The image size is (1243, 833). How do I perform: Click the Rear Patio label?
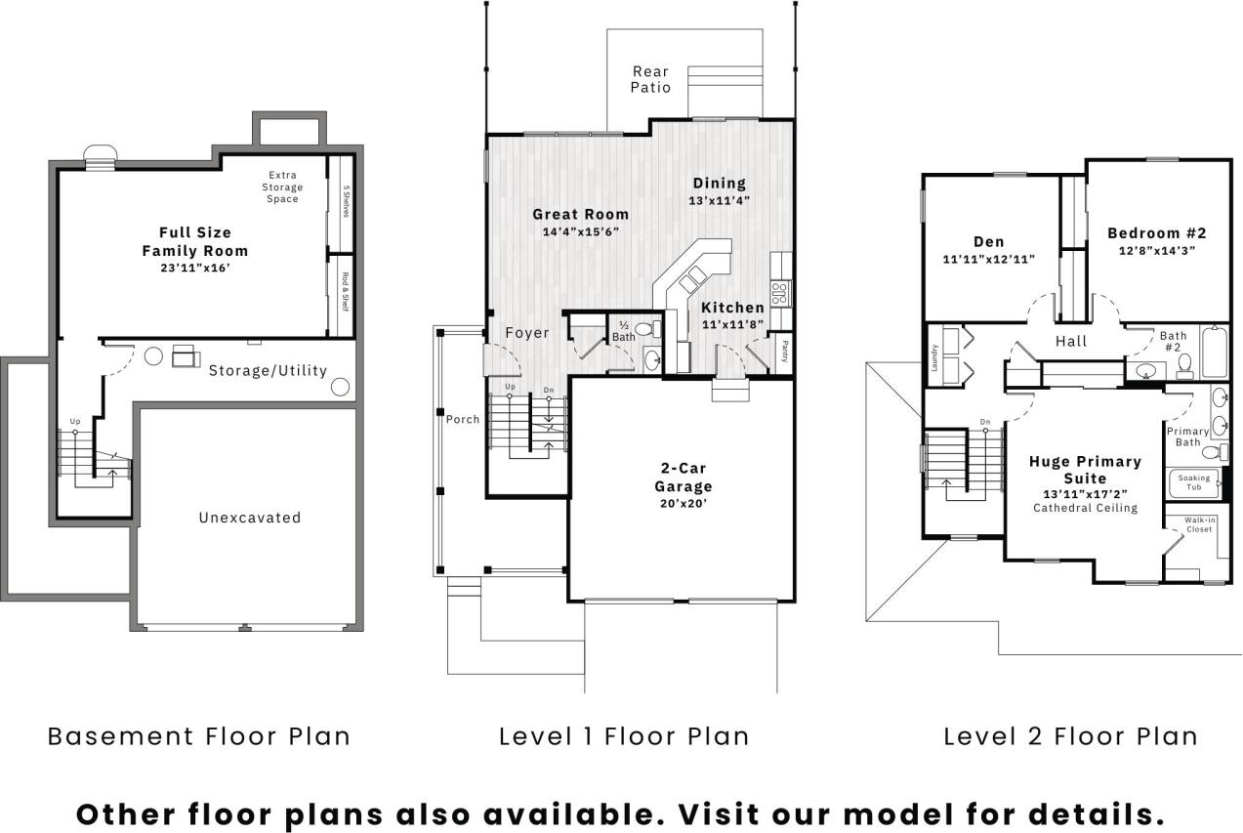click(x=650, y=79)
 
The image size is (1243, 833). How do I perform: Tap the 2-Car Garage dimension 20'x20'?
click(x=683, y=504)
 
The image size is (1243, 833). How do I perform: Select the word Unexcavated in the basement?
click(x=250, y=518)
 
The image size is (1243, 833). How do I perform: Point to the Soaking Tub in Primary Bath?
click(x=1193, y=482)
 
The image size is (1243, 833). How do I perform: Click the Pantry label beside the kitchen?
click(x=783, y=351)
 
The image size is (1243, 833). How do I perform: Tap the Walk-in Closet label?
click(x=1199, y=524)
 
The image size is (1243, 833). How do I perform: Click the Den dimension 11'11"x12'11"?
click(x=988, y=259)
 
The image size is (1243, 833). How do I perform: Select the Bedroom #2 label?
click(x=1156, y=233)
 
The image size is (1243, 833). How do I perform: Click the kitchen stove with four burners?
click(x=780, y=291)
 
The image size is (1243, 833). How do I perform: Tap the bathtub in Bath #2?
click(x=1214, y=353)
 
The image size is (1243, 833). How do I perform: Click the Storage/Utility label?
click(x=268, y=371)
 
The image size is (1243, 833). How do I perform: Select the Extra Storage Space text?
click(x=282, y=187)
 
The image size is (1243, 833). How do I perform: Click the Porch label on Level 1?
click(x=463, y=419)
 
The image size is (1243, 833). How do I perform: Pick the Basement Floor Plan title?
click(x=199, y=735)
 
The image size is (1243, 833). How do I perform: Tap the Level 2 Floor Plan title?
click(x=1070, y=735)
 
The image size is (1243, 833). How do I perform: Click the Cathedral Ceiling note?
click(x=1085, y=508)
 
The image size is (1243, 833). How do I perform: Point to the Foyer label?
click(x=526, y=333)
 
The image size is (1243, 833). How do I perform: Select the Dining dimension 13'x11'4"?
click(x=720, y=200)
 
